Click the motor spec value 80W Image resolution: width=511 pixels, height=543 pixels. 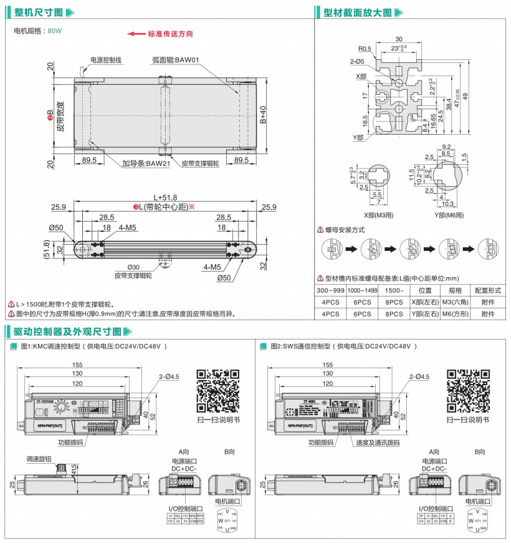(x=55, y=30)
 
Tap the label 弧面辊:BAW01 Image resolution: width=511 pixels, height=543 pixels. (x=175, y=61)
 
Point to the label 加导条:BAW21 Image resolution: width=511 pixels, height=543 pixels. (x=146, y=163)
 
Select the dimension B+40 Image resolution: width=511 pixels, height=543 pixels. (x=262, y=115)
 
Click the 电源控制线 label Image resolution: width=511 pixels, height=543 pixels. (x=105, y=61)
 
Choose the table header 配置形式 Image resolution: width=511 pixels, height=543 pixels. (x=488, y=290)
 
